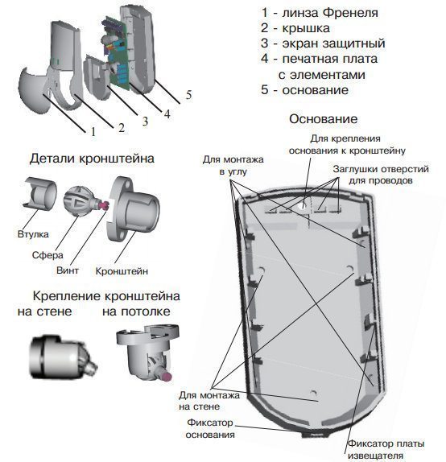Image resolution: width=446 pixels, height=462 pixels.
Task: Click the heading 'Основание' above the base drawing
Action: click(x=322, y=119)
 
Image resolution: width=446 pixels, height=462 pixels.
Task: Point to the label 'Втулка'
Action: click(x=32, y=234)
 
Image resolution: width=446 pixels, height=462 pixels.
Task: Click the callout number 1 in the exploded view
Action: click(x=94, y=131)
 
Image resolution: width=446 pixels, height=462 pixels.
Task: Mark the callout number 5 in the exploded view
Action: click(x=188, y=95)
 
